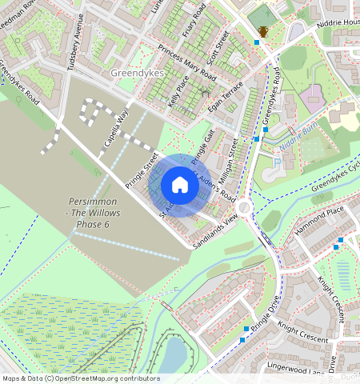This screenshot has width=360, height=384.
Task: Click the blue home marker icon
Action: pos(180,185)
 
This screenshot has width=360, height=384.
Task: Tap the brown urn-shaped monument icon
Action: pos(263,31)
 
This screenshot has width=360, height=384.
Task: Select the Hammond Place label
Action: pos(318,218)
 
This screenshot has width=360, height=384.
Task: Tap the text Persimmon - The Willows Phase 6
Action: pos(91,217)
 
